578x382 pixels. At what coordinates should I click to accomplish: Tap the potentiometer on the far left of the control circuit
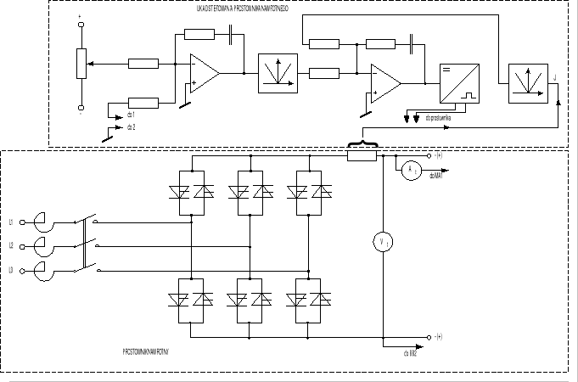tap(81, 64)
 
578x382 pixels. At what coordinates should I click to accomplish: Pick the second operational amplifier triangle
tap(384, 82)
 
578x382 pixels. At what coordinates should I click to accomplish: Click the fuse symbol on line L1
tap(38, 222)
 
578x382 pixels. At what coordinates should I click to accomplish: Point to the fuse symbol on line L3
tap(38, 271)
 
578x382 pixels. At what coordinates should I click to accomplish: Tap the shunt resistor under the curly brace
tap(362, 155)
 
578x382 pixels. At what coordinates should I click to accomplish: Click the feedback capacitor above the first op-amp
tap(231, 35)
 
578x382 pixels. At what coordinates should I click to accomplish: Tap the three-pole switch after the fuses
tap(86, 245)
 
